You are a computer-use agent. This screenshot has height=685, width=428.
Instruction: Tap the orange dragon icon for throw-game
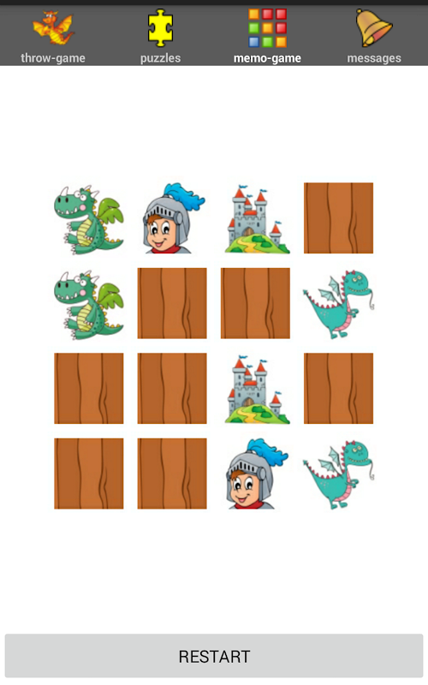pos(53,28)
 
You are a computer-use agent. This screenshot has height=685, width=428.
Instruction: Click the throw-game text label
pos(53,58)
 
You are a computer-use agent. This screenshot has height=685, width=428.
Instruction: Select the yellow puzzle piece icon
pos(160,27)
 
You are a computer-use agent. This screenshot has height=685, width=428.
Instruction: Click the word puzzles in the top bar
pos(160,58)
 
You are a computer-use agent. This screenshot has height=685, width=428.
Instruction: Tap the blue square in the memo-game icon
pos(253,42)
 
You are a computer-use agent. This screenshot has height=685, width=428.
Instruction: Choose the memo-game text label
pos(267,58)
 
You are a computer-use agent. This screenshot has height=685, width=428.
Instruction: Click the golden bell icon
pos(374,27)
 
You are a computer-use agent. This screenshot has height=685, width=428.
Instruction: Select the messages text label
pos(374,58)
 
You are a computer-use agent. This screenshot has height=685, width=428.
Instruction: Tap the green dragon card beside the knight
pos(89,218)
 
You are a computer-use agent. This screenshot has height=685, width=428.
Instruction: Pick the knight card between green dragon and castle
pos(172,218)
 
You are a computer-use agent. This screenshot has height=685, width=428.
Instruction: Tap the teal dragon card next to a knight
pos(338,474)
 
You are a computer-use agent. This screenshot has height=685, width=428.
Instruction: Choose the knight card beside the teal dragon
pos(255,474)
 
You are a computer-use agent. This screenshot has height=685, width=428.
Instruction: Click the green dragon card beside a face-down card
pos(89,303)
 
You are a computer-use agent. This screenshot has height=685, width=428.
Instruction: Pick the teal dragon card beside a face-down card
pos(338,303)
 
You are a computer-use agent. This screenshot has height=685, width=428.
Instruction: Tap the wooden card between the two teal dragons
pos(338,389)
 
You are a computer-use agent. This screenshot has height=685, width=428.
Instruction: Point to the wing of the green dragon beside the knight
pos(109,211)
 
